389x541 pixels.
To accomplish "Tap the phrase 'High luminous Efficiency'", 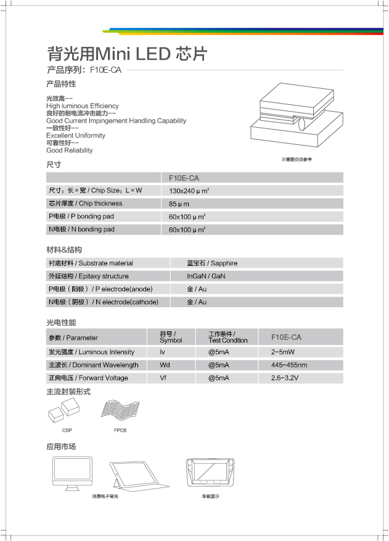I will pos(82,106).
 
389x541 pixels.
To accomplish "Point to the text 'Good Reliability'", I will pos(70,151).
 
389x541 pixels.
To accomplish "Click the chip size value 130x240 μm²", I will pos(189,191).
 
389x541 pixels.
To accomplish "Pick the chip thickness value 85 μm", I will pos(179,204).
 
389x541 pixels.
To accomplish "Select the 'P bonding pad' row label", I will pos(81,217).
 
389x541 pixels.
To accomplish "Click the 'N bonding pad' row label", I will pos(81,229).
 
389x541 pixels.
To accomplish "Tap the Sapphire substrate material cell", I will pos(212,263).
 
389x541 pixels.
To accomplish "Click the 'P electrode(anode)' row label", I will pos(100,289).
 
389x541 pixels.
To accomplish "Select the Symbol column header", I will pos(171,337).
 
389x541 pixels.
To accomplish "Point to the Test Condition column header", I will pos(227,337).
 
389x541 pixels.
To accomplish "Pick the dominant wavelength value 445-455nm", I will pos(289,365).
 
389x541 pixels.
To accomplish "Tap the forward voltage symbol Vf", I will pos(164,378).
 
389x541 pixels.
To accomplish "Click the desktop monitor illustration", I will pos(70,474).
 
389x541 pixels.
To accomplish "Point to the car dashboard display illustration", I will pos(210,474).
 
